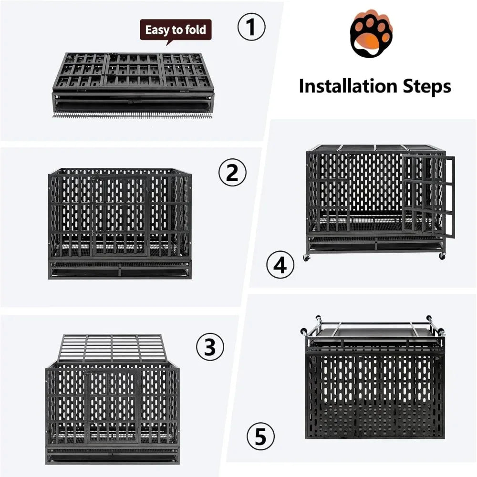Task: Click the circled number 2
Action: tap(232, 173)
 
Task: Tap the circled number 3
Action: tap(210, 348)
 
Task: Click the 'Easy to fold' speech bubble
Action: tap(176, 31)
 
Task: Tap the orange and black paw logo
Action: tap(371, 35)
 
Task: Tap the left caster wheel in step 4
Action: tap(305, 258)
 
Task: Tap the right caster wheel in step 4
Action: tap(442, 256)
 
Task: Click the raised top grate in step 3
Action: tap(113, 348)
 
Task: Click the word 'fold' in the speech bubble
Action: tap(196, 31)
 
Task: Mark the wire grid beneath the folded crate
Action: tap(132, 115)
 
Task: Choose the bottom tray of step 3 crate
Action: tap(113, 457)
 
